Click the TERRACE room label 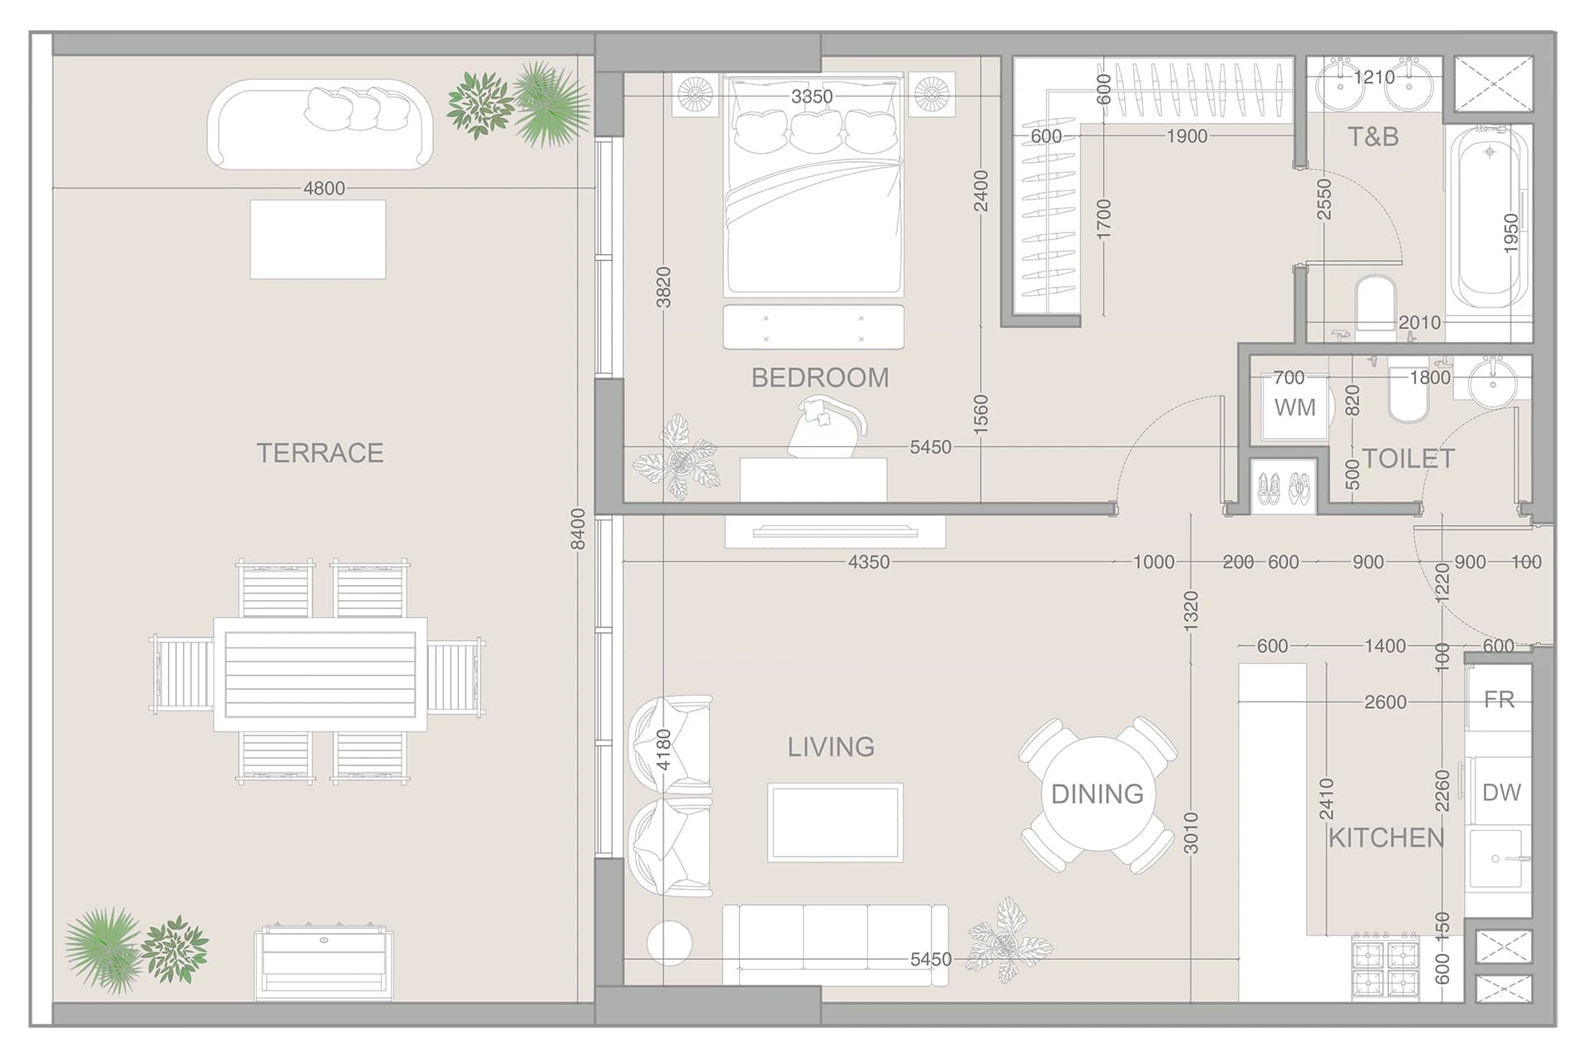click(320, 453)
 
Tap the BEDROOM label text click(820, 378)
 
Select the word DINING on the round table click(1097, 794)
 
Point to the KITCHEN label click(1386, 838)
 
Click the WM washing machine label click(1295, 408)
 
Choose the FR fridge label click(1499, 700)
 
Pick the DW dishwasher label click(1501, 793)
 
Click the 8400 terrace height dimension click(578, 529)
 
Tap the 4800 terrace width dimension click(324, 189)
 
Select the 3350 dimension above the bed click(811, 97)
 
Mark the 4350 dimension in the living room click(869, 563)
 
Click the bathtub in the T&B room click(1489, 219)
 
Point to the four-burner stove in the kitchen click(1385, 966)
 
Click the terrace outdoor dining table click(320, 674)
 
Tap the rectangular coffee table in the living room click(835, 822)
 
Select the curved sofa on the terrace click(320, 125)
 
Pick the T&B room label click(1373, 137)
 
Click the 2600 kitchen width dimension click(1385, 703)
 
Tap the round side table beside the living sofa click(669, 943)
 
